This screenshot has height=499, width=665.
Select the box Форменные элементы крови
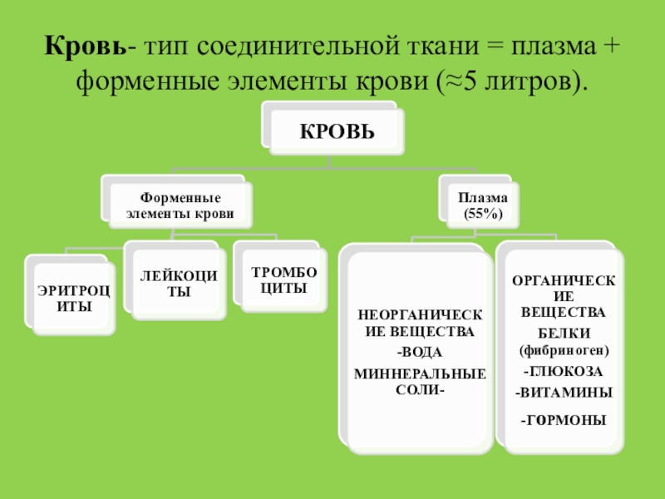click(x=179, y=205)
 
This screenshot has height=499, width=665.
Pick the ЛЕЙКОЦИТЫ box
click(x=178, y=282)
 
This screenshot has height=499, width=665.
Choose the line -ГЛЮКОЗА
click(x=564, y=369)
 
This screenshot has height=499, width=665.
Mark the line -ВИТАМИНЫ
click(x=564, y=391)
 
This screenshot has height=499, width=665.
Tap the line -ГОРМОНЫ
click(x=564, y=420)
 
